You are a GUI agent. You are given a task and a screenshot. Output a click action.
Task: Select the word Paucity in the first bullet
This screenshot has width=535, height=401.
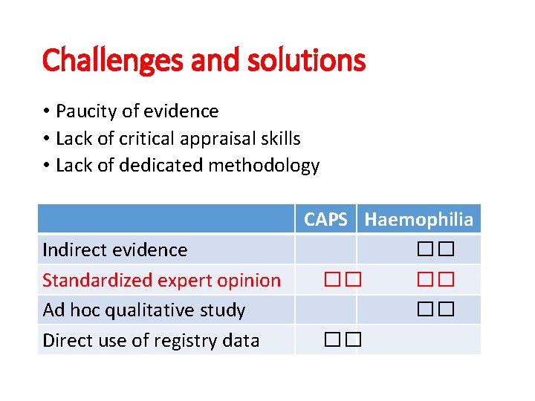pos(85,111)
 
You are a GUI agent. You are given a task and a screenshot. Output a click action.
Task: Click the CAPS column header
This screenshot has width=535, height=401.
pos(325,219)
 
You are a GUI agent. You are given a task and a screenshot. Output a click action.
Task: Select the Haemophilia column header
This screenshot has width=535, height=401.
pos(419,219)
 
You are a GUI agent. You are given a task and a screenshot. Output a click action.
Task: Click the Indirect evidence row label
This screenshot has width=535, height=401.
pos(115,250)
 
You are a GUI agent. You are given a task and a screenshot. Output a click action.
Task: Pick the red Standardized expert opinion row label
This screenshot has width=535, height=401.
pos(161,280)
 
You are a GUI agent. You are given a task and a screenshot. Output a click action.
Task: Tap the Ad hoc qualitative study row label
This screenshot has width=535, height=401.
pos(143,310)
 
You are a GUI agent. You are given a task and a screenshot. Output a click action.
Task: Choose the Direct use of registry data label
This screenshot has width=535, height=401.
pos(151,340)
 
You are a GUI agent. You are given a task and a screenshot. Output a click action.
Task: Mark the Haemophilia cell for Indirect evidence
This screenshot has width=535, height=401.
pos(435,250)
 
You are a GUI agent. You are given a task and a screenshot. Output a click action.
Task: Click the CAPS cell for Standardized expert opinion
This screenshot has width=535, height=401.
pos(342,280)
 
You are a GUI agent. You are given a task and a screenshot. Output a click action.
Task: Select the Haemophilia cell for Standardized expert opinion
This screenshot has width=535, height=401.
pos(435,280)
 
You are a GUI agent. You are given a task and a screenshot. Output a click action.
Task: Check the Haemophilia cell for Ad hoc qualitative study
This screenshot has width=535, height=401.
pos(435,310)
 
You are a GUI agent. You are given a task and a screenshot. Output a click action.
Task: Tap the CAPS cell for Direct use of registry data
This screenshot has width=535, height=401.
pos(342,340)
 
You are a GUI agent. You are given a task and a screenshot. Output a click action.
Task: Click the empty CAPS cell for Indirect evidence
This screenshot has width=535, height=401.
pos(326,250)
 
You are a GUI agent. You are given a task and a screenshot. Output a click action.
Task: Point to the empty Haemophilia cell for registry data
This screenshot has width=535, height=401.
pos(419,340)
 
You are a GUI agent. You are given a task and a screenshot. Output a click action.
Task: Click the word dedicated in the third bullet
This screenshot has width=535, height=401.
pos(158,166)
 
